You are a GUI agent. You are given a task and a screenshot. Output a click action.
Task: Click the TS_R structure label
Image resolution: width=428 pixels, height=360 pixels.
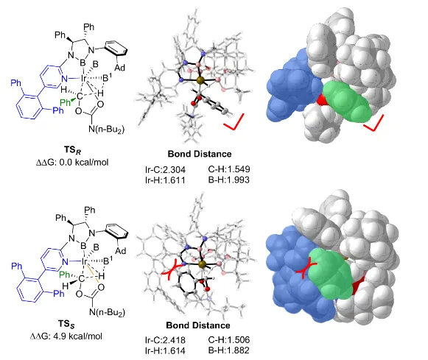72,150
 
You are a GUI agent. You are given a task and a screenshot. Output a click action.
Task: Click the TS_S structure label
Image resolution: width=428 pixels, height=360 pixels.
66,324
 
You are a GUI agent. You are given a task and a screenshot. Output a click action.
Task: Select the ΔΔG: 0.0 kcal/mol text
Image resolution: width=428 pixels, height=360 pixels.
72,163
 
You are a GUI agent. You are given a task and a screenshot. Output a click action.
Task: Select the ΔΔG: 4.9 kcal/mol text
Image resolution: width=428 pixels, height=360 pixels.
66,336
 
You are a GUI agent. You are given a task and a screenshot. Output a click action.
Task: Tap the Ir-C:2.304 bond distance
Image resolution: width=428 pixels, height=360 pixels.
165,169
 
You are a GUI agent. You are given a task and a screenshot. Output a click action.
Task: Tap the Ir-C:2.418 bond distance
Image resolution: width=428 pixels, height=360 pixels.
165,340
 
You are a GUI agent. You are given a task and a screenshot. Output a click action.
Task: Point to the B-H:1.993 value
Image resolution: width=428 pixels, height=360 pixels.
229,180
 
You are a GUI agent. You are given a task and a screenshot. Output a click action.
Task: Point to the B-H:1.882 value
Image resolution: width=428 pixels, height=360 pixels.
229,350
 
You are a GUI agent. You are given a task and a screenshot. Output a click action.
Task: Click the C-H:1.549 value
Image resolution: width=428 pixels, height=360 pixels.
229,169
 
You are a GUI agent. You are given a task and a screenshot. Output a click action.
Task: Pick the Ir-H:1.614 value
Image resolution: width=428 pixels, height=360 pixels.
165,350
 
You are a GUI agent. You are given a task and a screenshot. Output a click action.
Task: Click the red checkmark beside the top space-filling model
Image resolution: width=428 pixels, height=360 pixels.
374,123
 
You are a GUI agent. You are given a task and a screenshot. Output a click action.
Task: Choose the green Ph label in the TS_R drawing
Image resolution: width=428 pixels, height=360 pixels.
66,102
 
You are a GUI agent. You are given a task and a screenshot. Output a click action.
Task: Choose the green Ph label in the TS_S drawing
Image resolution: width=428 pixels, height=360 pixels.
64,274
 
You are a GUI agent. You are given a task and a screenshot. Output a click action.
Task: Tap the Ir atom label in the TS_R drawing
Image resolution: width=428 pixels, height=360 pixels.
84,79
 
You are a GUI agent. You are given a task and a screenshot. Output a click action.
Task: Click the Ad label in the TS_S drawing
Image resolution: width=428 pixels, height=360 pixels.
120,250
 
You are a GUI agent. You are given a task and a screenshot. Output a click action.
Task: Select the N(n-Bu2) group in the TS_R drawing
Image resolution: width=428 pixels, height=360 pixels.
107,129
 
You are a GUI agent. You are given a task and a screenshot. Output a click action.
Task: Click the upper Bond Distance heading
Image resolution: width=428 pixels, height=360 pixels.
200,154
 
